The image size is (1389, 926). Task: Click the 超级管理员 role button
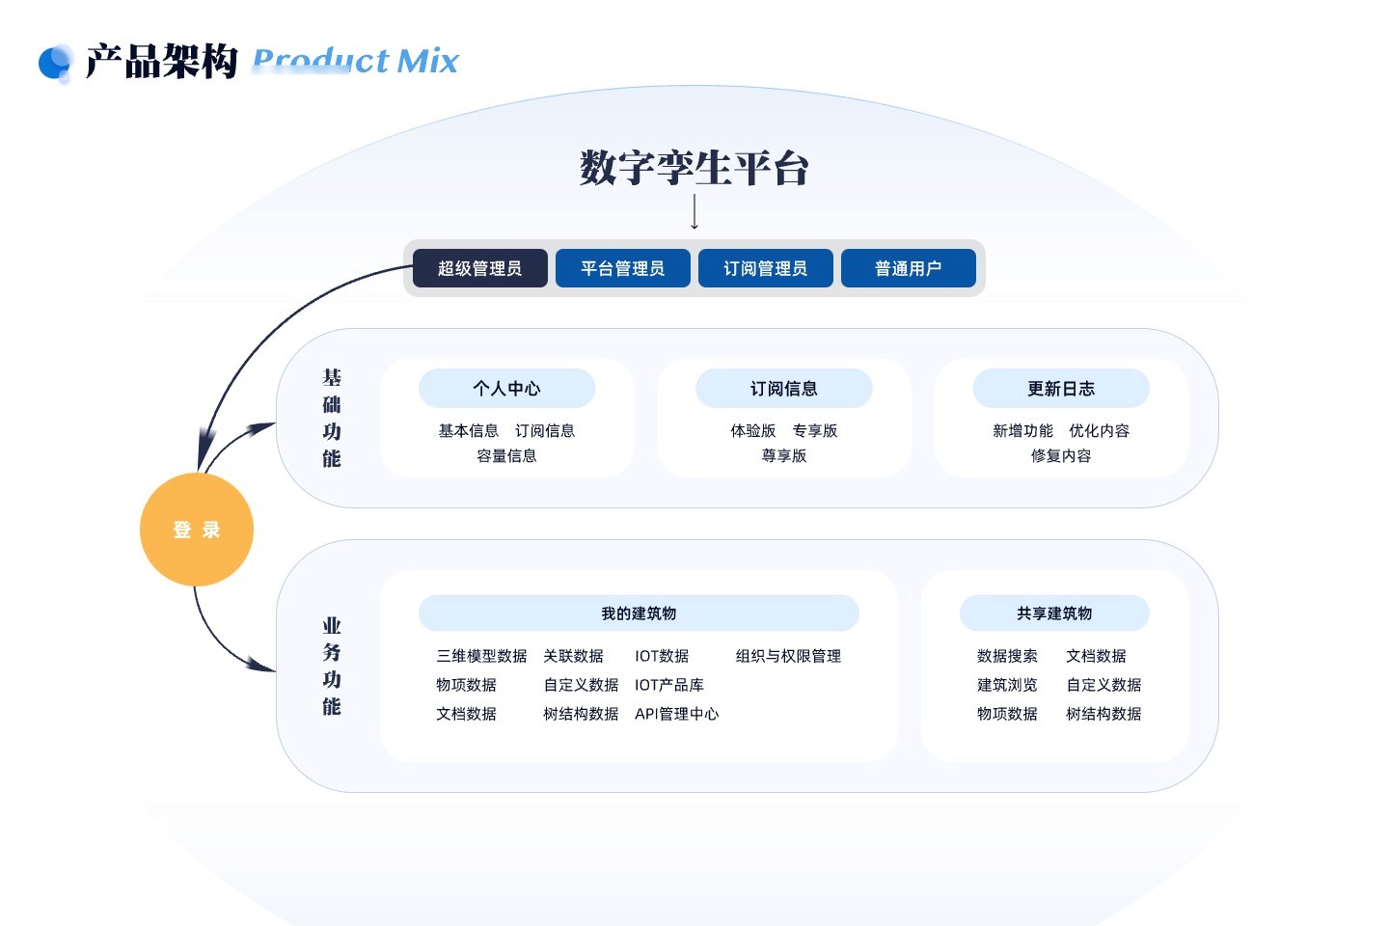pyautogui.click(x=479, y=268)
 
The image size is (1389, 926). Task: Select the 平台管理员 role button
pyautogui.click(x=622, y=268)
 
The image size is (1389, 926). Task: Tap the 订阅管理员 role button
pyautogui.click(x=765, y=268)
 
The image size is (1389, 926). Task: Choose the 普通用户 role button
pyautogui.click(x=908, y=268)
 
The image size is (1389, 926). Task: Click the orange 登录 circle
pyautogui.click(x=197, y=530)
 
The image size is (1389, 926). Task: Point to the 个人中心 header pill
pyautogui.click(x=506, y=389)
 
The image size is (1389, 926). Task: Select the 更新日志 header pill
pyautogui.click(x=1060, y=389)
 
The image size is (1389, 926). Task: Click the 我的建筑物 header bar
pyautogui.click(x=639, y=613)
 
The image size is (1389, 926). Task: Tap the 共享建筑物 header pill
pyautogui.click(x=1054, y=613)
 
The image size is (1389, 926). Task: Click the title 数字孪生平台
pyautogui.click(x=694, y=168)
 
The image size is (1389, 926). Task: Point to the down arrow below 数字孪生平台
pyautogui.click(x=694, y=212)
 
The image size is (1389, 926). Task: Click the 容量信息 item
pyautogui.click(x=506, y=456)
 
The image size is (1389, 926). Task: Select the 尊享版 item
pyautogui.click(x=783, y=456)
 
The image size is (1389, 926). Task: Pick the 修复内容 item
pyautogui.click(x=1060, y=456)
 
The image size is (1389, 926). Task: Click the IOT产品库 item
pyautogui.click(x=668, y=685)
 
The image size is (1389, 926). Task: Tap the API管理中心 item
pyautogui.click(x=676, y=714)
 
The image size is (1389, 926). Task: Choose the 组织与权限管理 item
pyautogui.click(x=788, y=656)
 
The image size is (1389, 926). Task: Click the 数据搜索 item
pyautogui.click(x=1007, y=656)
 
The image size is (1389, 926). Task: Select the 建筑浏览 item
pyautogui.click(x=1007, y=685)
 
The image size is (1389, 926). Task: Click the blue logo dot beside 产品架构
pyautogui.click(x=55, y=63)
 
